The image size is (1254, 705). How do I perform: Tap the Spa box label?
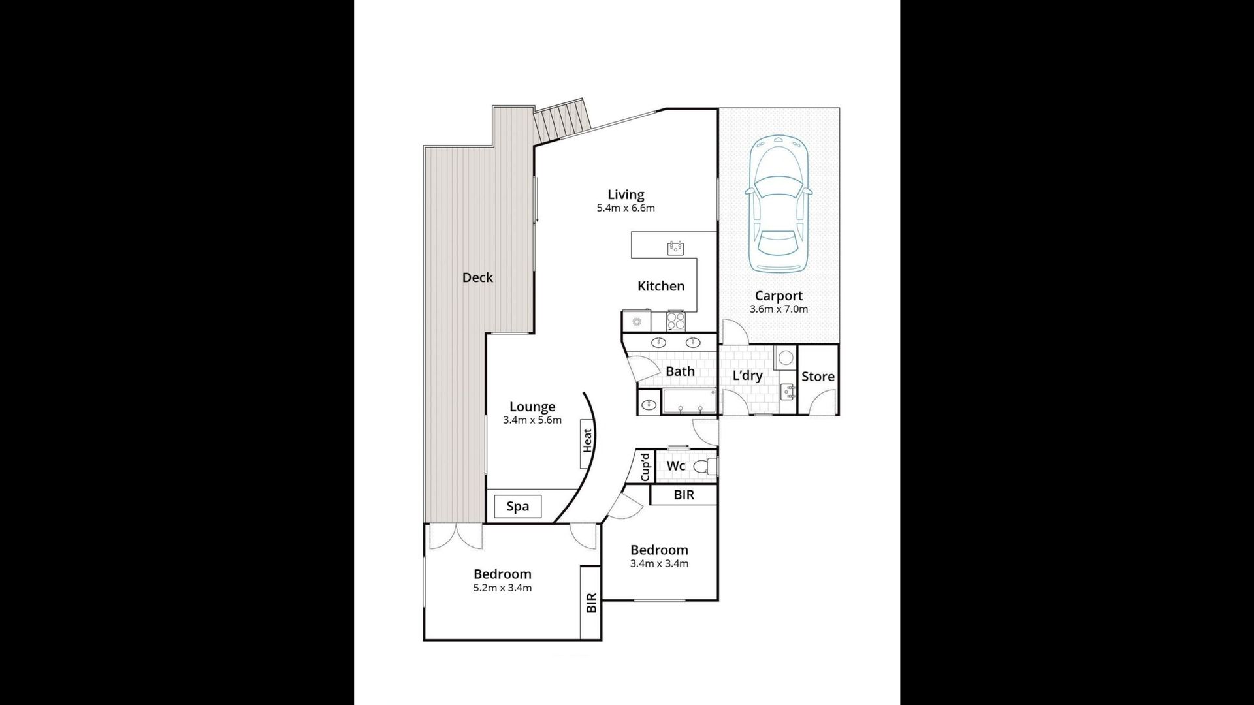click(518, 507)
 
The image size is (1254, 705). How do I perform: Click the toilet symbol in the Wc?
click(704, 466)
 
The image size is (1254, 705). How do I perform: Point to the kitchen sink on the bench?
click(675, 247)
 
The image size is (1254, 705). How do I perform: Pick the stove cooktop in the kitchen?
click(675, 321)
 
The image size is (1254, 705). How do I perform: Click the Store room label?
click(818, 377)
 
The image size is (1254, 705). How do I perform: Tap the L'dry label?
click(747, 375)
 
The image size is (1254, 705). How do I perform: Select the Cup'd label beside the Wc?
click(645, 467)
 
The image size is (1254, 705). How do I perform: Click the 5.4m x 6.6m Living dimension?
click(625, 208)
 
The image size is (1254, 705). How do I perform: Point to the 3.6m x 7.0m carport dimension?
click(779, 309)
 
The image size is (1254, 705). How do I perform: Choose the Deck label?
click(477, 277)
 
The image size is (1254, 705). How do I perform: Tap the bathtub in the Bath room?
click(690, 401)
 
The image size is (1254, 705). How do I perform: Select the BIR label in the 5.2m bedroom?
click(592, 603)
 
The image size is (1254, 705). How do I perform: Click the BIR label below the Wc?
click(684, 495)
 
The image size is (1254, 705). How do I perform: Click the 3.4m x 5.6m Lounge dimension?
click(532, 420)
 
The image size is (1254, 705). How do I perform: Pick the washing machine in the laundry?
click(786, 358)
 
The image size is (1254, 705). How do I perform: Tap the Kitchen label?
click(661, 286)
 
